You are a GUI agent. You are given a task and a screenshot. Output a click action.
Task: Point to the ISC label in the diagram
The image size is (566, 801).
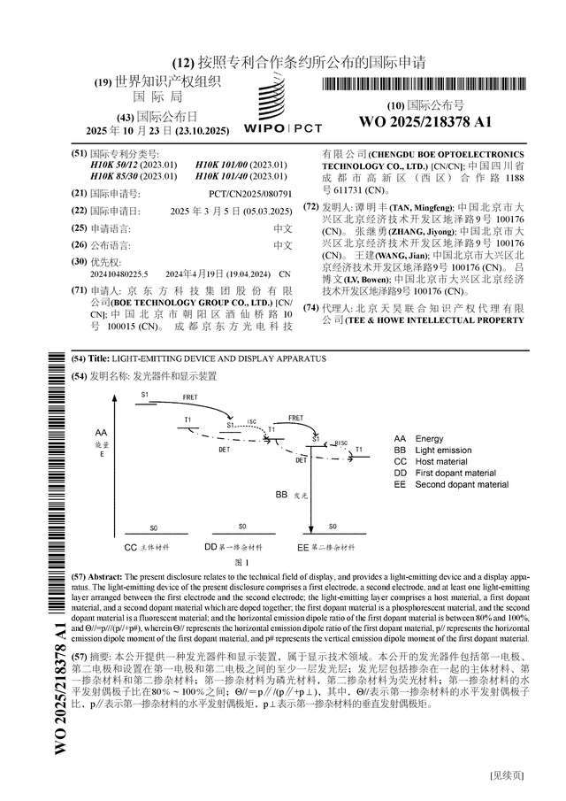[251, 422]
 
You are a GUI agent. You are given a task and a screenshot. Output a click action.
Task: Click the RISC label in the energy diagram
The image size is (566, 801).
[341, 442]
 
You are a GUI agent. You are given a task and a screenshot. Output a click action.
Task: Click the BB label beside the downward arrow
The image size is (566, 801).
[281, 494]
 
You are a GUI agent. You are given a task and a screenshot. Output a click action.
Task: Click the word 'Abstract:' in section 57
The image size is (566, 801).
[110, 574]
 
